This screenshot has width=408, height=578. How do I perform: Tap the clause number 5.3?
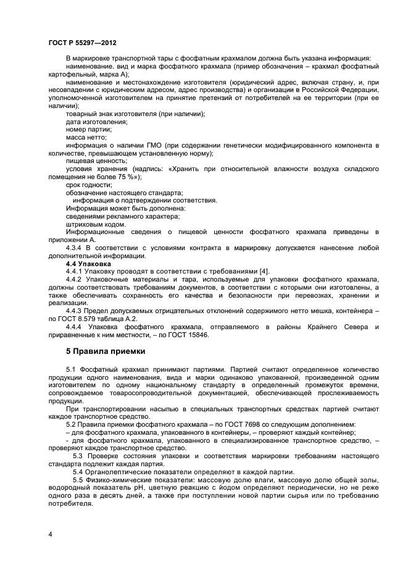(x=80, y=456)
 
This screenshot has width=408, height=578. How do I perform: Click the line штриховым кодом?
(x=91, y=224)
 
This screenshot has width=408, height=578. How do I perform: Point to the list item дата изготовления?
(x=96, y=121)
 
